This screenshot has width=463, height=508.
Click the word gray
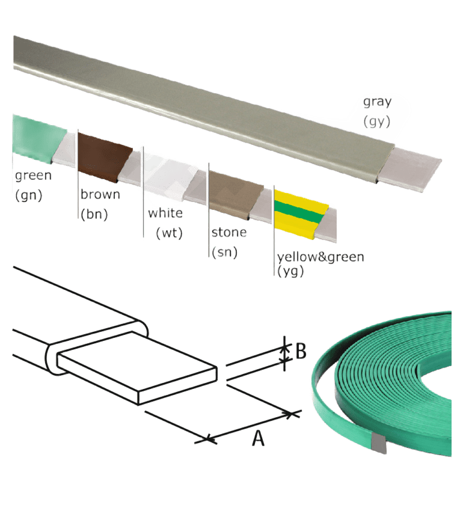click(376, 102)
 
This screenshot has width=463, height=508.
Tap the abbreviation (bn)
click(94, 214)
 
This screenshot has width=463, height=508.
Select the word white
click(165, 213)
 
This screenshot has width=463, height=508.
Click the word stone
click(229, 233)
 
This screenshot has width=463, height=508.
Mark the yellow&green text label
click(320, 257)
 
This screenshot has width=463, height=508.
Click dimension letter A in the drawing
click(257, 439)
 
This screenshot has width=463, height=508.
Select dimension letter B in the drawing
click(301, 350)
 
